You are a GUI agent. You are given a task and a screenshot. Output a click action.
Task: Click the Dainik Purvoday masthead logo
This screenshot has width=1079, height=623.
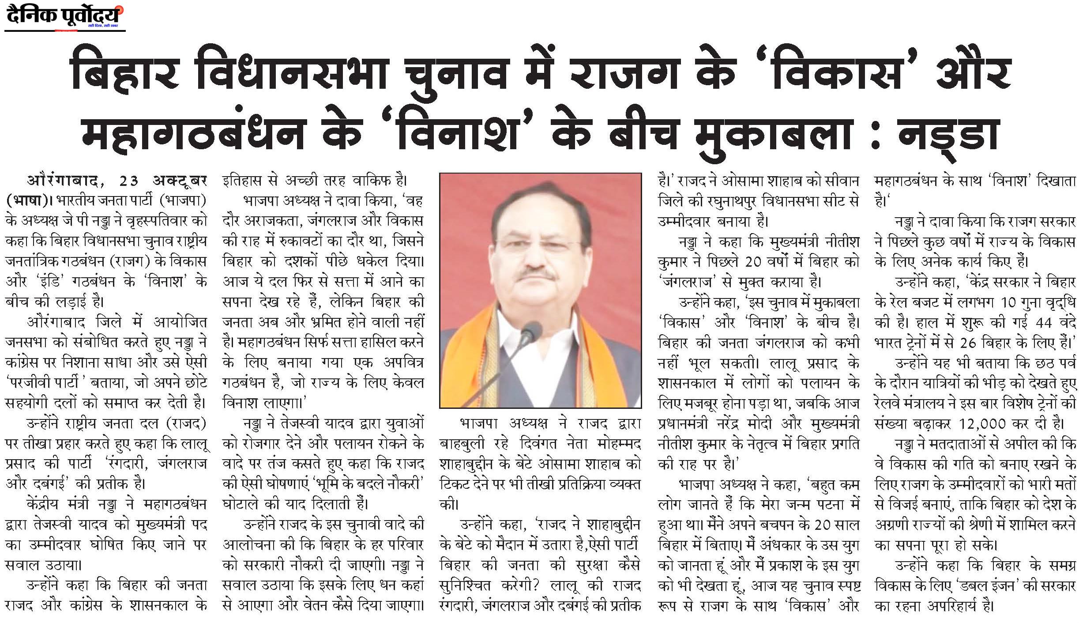tap(64, 16)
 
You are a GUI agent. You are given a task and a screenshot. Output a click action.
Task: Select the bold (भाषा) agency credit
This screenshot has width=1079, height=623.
tap(26, 201)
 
